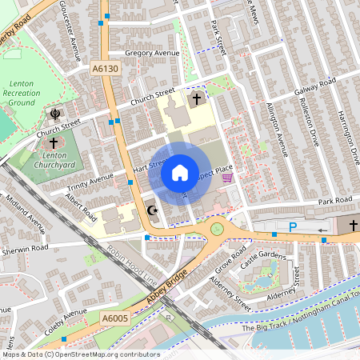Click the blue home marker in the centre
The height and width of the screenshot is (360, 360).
point(180,172)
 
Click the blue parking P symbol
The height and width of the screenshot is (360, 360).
point(293,228)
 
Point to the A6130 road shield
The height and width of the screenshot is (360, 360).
point(105,70)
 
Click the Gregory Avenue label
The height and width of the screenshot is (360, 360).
point(151,54)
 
